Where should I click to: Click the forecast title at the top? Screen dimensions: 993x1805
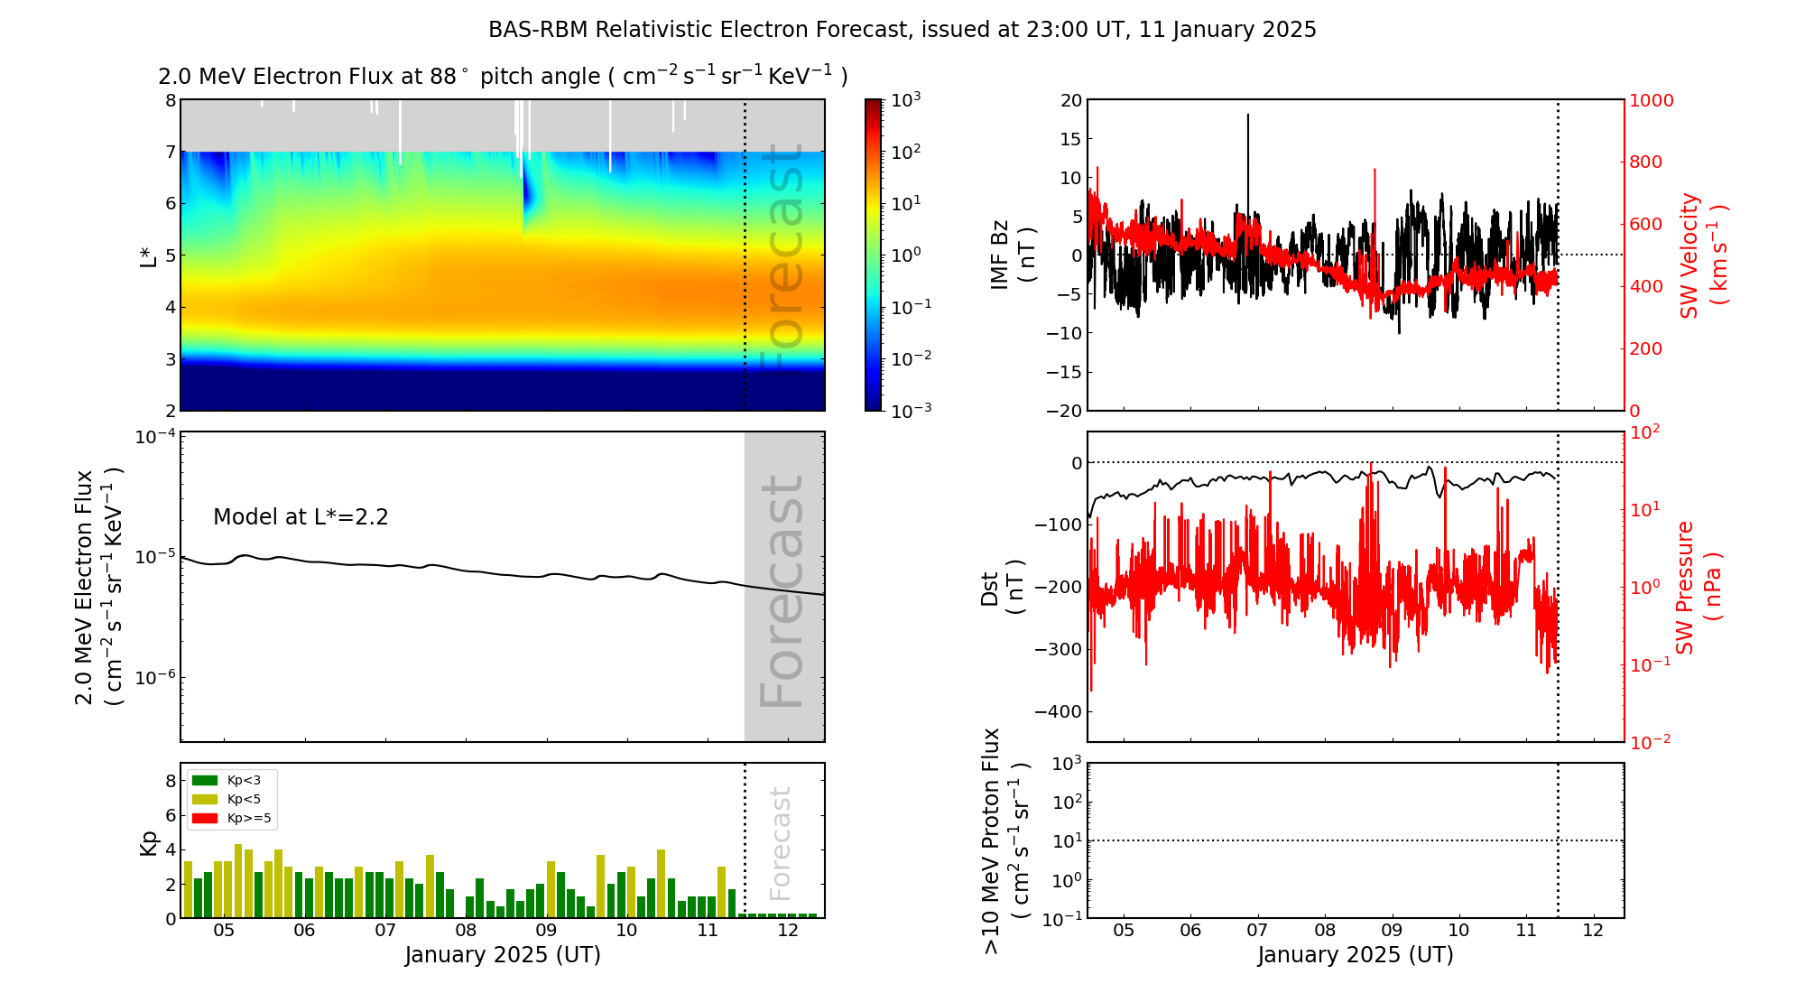click(902, 30)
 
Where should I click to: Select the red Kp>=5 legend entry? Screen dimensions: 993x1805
click(231, 819)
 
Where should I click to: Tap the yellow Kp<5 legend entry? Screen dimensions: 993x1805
click(231, 800)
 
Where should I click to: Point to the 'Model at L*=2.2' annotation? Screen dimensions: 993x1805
click(301, 517)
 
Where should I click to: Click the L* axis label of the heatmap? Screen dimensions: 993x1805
click(149, 255)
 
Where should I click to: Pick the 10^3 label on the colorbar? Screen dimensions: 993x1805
click(905, 99)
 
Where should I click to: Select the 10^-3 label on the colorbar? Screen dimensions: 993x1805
click(911, 410)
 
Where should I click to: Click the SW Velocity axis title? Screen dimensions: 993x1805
click(1702, 255)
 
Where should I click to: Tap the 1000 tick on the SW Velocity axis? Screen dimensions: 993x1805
click(1651, 100)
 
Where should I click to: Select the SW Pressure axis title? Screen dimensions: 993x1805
click(1698, 587)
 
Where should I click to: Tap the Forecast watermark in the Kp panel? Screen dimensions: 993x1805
click(781, 843)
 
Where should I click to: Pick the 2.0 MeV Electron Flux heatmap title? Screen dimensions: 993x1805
click(502, 77)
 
